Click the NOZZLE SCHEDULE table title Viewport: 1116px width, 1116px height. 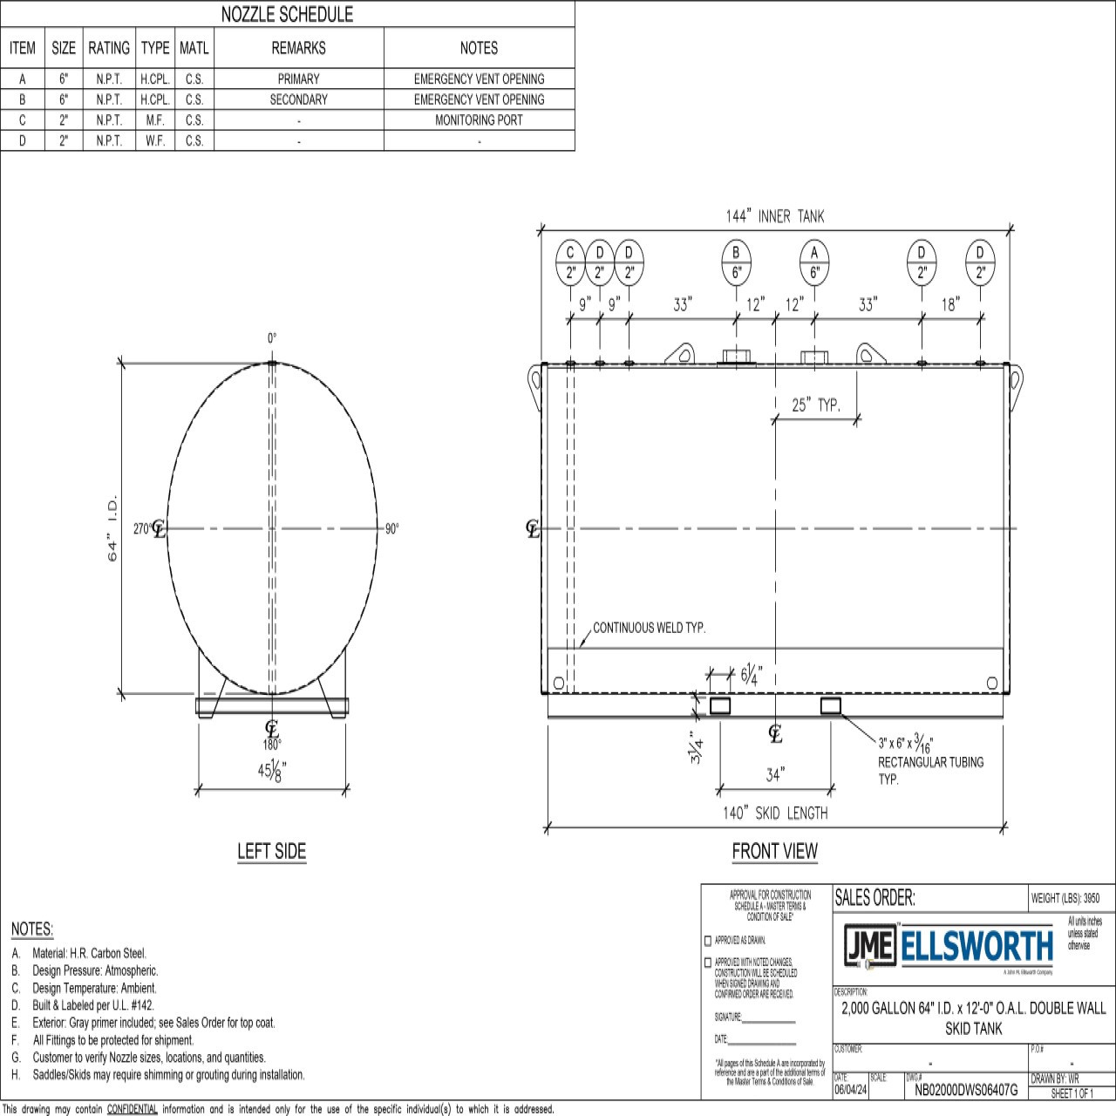287,14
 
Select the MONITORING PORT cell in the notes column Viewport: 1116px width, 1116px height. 479,120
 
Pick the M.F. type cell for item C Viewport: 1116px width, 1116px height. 154,120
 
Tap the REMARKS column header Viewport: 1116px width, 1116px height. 298,48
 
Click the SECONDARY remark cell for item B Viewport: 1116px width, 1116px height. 298,99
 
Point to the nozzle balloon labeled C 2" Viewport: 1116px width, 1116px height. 570,262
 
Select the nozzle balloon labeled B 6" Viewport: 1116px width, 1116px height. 736,262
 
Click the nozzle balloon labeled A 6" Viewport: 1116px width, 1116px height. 814,262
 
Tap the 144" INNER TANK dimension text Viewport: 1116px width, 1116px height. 774,216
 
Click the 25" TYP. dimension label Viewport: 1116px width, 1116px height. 816,405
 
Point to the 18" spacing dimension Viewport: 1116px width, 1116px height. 950,304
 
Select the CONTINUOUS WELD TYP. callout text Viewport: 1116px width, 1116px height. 650,628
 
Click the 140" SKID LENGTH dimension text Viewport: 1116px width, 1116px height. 774,813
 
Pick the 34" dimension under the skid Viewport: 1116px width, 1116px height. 775,774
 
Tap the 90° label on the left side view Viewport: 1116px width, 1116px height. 391,529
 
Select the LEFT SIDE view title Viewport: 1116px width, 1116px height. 271,851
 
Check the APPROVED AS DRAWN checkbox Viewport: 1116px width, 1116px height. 708,941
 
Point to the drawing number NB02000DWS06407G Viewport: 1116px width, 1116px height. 966,1090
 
